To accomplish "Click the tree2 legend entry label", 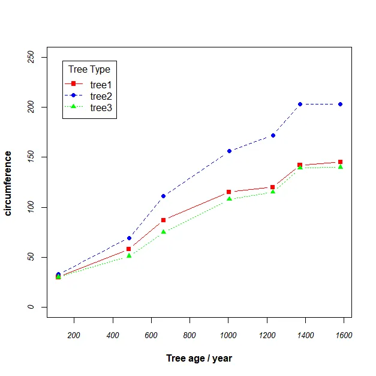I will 101,96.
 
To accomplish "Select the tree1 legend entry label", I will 101,85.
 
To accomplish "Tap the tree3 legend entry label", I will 101,108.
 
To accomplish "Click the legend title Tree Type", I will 89,70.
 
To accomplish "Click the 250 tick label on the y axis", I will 30,57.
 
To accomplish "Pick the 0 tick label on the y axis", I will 30,307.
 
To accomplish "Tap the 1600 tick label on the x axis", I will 344,335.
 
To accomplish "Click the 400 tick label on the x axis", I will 113,335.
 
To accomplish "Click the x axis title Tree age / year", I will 199,359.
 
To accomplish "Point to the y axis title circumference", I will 8,183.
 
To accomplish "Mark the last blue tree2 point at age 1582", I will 341,105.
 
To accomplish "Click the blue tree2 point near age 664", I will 163,196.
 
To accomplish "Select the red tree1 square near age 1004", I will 228,192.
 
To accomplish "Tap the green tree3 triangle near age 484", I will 129,256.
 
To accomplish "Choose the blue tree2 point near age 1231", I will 273,136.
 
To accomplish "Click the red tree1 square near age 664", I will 163,220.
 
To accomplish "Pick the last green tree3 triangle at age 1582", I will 341,166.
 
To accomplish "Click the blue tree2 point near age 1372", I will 300,105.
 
